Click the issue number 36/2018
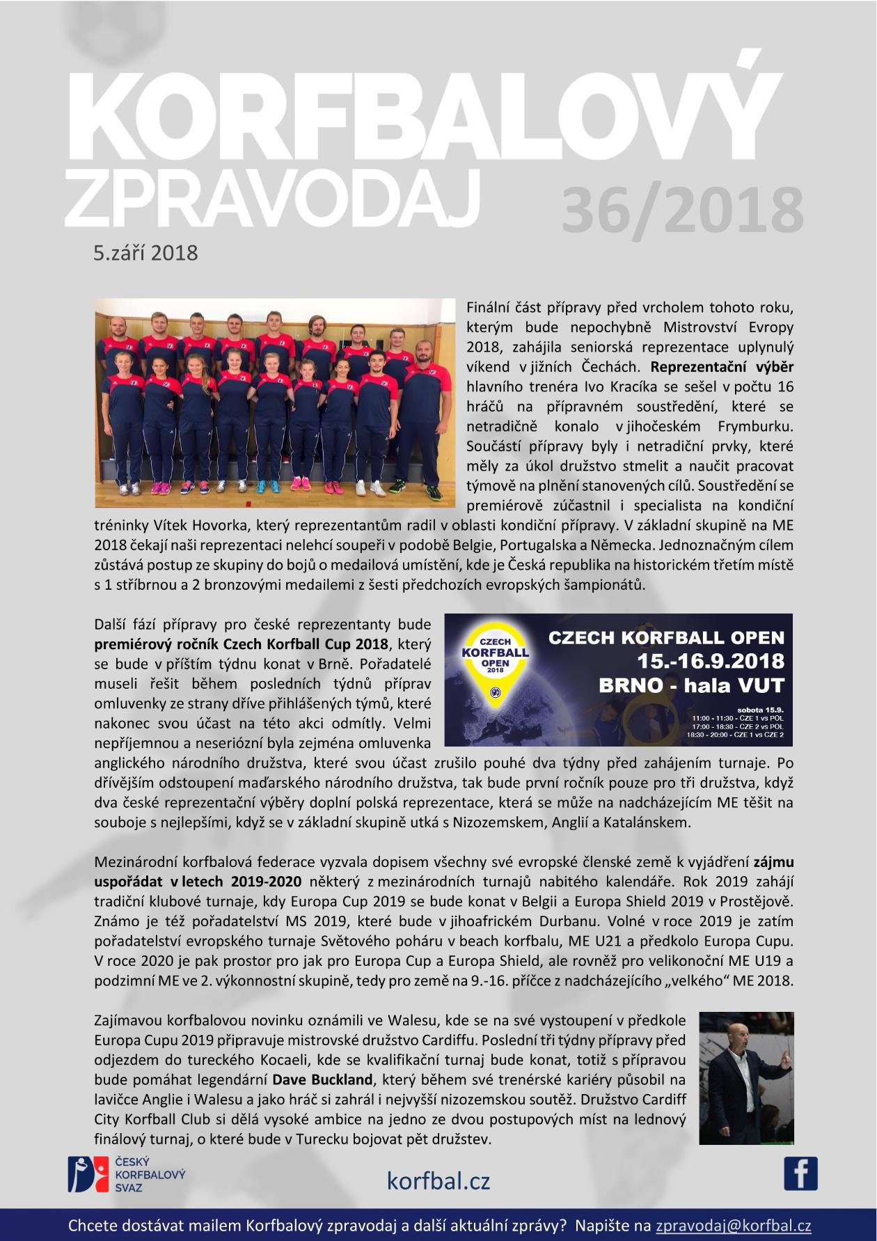[682, 208]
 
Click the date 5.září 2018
[146, 252]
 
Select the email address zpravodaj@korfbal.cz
[734, 1226]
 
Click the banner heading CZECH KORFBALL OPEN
[667, 637]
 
